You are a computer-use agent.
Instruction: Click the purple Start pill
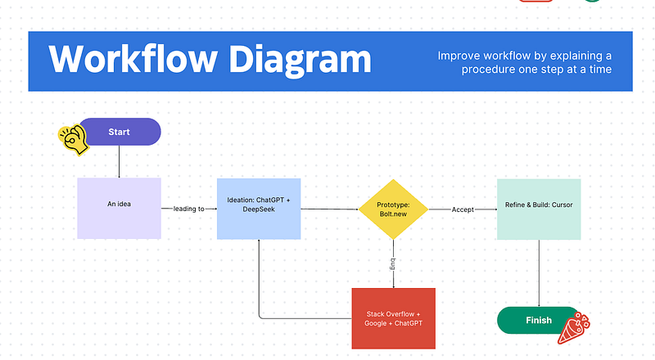120,132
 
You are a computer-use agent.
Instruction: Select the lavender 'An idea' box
119,208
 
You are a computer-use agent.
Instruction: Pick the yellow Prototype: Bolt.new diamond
393,209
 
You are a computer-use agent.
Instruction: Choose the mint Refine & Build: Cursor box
539,208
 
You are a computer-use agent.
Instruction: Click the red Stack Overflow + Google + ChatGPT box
393,317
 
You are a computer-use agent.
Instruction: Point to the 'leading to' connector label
189,209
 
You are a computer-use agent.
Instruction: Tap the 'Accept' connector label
463,209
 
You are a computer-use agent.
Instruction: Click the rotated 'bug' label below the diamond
393,264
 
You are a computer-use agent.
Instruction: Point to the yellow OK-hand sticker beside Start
72,140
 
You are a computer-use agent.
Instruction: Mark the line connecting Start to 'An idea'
120,161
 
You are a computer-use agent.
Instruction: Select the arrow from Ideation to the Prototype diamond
329,209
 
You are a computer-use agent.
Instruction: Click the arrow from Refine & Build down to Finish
539,273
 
